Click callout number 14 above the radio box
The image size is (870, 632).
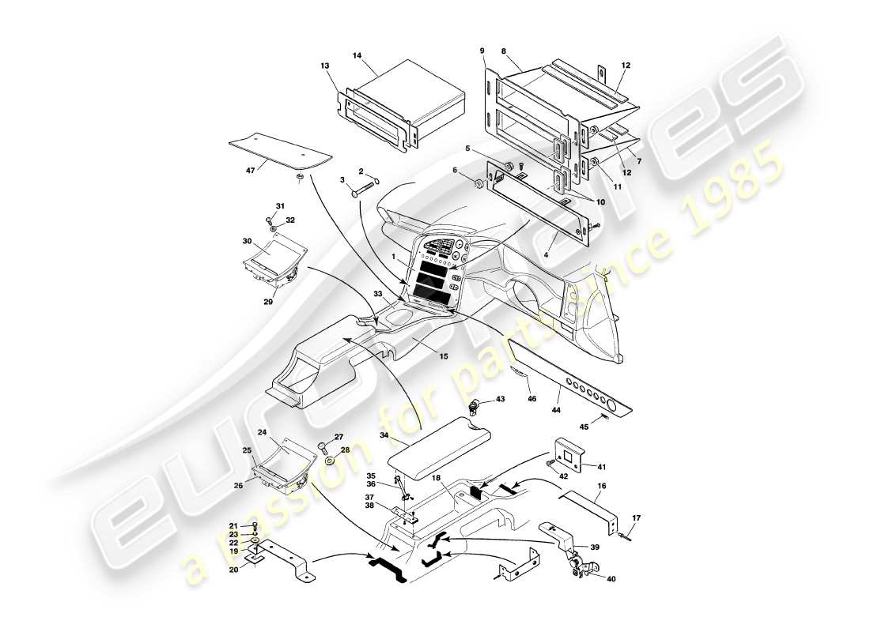pos(357,56)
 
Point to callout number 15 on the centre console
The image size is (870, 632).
pos(443,357)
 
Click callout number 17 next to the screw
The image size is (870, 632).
pos(638,518)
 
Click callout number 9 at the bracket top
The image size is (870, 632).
pos(482,51)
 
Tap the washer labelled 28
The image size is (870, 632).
pos(329,461)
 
